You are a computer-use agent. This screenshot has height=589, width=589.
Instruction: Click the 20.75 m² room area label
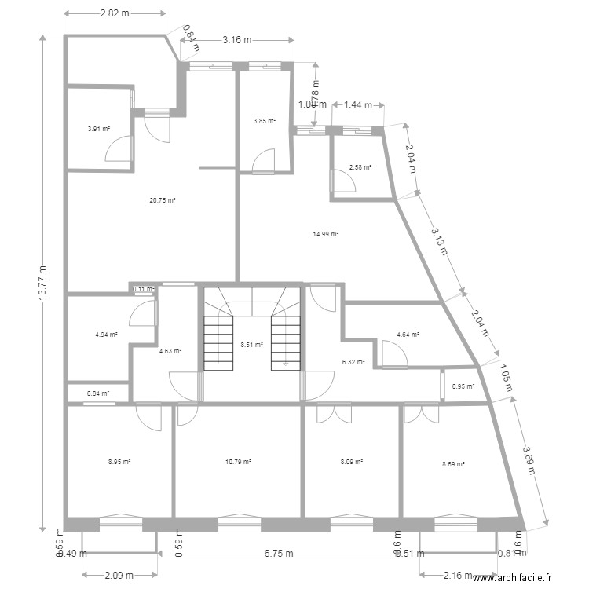click(162, 200)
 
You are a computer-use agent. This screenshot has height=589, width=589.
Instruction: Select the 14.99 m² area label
click(325, 234)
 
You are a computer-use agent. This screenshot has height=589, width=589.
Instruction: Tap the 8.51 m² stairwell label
click(251, 344)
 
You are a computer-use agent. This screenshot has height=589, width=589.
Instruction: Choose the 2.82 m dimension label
click(115, 13)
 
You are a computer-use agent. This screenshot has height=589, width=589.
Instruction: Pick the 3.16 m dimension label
click(236, 39)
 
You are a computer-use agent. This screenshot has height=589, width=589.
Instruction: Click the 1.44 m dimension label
click(357, 104)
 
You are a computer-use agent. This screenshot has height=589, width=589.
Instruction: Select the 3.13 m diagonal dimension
click(439, 241)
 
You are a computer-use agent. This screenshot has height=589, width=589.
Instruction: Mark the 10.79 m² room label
click(238, 462)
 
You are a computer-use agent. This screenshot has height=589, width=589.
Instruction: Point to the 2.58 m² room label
click(360, 167)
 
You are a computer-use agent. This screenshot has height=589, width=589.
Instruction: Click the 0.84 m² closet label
click(98, 393)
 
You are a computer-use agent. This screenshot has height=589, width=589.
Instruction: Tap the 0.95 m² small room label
click(463, 386)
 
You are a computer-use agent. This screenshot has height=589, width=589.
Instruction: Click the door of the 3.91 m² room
click(119, 148)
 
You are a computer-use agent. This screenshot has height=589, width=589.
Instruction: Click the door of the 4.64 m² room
click(393, 355)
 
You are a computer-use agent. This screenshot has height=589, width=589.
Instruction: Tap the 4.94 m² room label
click(106, 335)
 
